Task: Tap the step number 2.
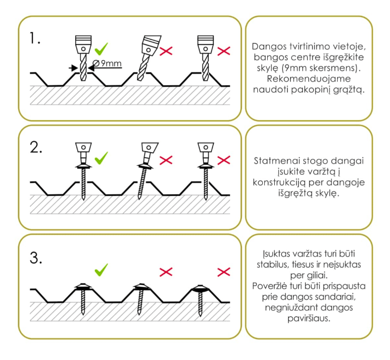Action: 36,149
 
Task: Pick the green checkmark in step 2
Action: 101,159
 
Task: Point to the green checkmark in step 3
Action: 101,270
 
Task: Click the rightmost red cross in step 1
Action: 224,51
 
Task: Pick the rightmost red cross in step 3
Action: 224,271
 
